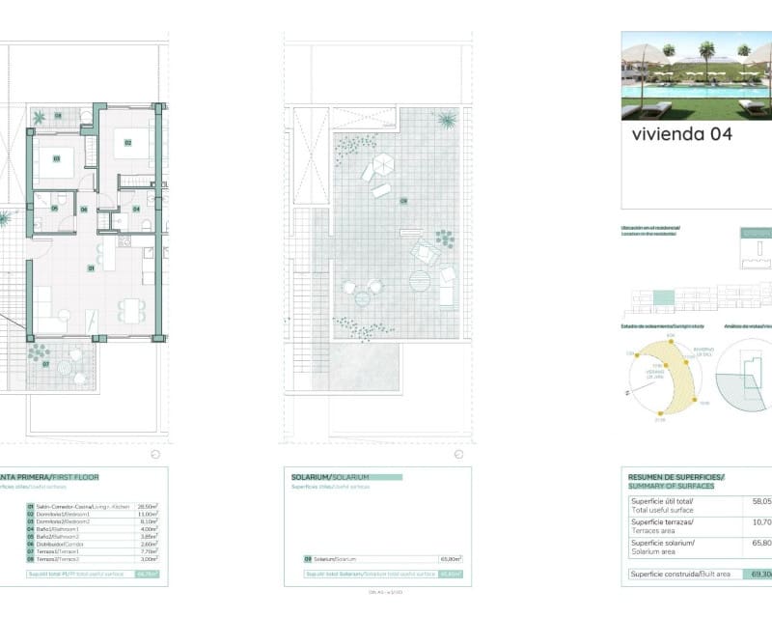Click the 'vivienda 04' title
point(681,135)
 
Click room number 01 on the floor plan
point(91,267)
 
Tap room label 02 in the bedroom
point(126,144)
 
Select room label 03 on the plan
point(57,158)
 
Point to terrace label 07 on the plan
point(45,365)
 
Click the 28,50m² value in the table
point(148,505)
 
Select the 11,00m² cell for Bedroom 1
point(148,514)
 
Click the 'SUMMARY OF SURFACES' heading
point(672,486)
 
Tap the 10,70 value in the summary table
point(761,525)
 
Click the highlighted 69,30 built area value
point(758,575)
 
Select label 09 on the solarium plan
point(403,201)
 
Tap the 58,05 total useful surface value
point(761,502)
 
